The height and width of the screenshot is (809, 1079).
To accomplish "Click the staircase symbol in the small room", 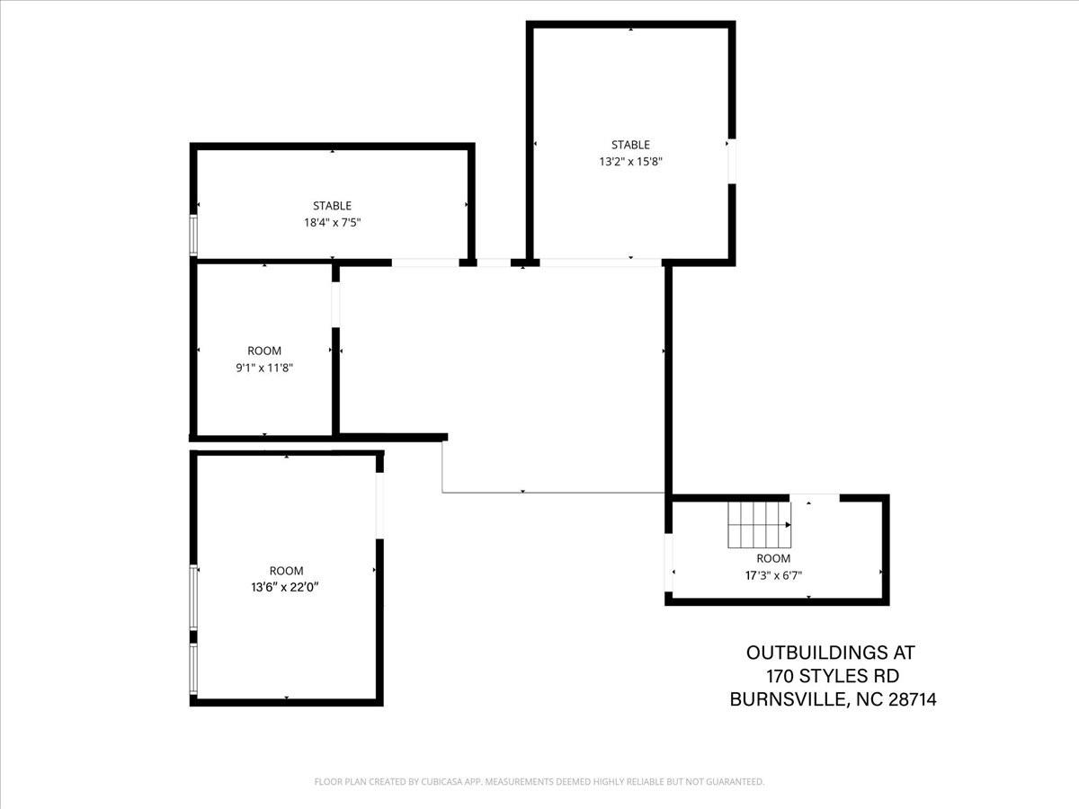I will pyautogui.click(x=760, y=525).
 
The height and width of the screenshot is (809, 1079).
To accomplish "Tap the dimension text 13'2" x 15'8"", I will pyautogui.click(x=630, y=162).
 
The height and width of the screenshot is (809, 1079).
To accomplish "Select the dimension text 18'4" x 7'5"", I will pyautogui.click(x=332, y=222).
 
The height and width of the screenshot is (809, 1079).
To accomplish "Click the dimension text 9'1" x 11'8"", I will pyautogui.click(x=263, y=367).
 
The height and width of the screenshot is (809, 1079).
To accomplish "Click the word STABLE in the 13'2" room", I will pyautogui.click(x=630, y=145).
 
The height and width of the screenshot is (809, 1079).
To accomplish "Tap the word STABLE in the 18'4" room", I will pyautogui.click(x=332, y=206).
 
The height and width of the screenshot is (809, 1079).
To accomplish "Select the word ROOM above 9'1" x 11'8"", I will pyautogui.click(x=263, y=351).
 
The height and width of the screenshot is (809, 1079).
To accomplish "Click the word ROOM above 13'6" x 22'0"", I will pyautogui.click(x=286, y=571).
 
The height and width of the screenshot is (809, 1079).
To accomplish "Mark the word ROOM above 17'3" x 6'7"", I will pyautogui.click(x=772, y=558).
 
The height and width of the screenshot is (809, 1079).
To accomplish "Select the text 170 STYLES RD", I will pyautogui.click(x=832, y=676).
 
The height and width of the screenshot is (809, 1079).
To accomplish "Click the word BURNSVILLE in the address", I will pyautogui.click(x=786, y=699).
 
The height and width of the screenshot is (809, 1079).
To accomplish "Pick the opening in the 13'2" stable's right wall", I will pyautogui.click(x=731, y=162).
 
